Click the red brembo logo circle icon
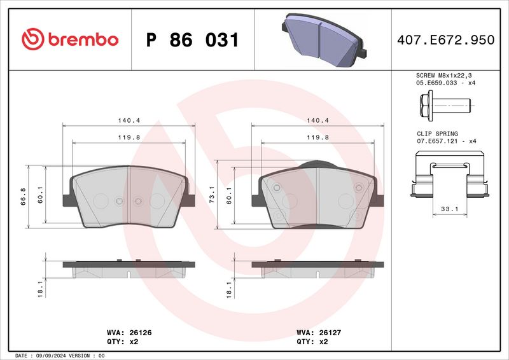(33, 39)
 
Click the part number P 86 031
(193, 40)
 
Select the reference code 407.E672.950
(446, 40)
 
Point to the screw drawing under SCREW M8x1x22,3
(445, 106)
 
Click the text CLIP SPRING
(437, 134)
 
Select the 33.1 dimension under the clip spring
(450, 209)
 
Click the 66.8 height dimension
(23, 197)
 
